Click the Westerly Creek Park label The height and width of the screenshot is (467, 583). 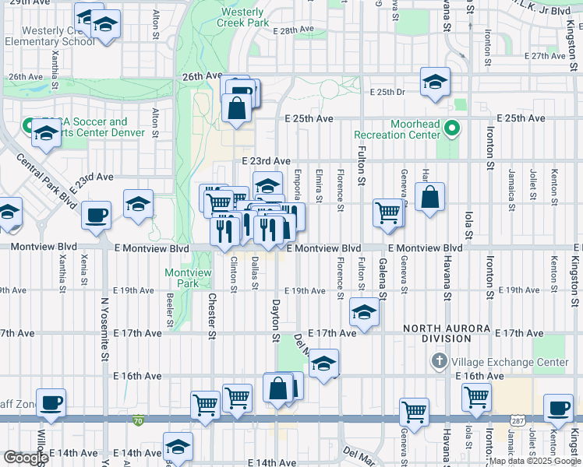coord(245,17)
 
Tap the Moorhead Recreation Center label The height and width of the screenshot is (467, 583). coord(397,129)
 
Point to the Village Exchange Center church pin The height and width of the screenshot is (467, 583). coord(440,362)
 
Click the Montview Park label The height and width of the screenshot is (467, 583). coord(182,278)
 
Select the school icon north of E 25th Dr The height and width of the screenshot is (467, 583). coord(435,81)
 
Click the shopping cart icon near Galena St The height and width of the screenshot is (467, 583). coord(387,212)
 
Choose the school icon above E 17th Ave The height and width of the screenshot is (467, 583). coord(364,312)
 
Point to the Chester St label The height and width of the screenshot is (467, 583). coord(211,316)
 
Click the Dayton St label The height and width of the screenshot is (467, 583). coord(275,321)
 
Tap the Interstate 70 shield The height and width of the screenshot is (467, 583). coord(138,419)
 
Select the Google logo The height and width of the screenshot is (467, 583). coord(26,458)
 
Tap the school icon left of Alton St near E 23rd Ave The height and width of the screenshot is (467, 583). coord(138,205)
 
